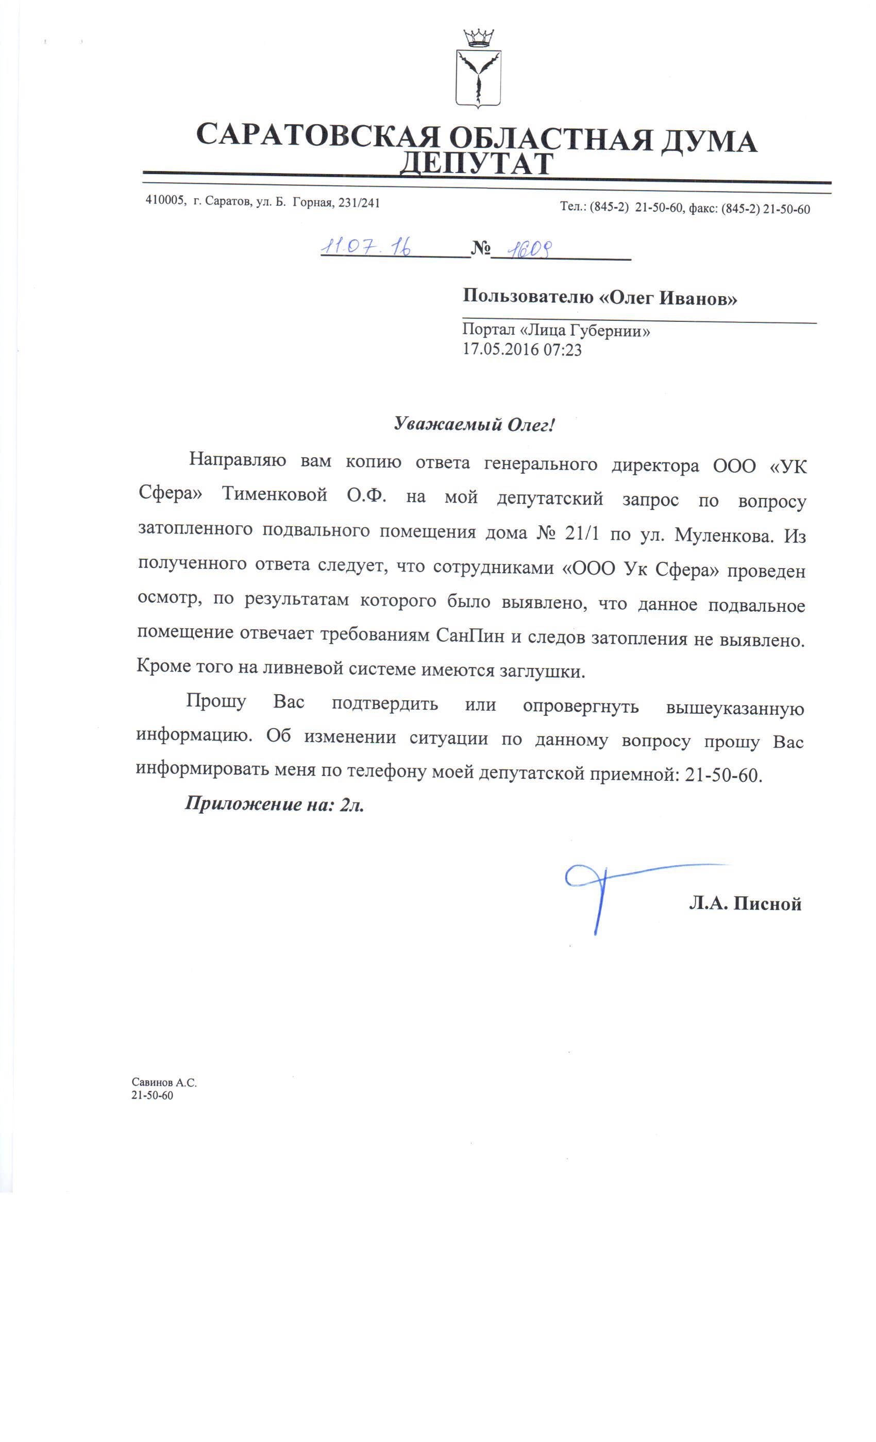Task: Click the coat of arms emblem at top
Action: pos(478,70)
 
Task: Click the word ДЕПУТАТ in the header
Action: pos(476,164)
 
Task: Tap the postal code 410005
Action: pos(165,201)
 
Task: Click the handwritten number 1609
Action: pos(529,250)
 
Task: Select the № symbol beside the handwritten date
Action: pos(480,249)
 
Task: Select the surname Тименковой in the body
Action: pos(274,494)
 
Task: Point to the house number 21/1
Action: pos(581,533)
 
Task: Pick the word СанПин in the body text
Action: pos(469,635)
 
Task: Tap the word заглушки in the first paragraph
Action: pos(542,671)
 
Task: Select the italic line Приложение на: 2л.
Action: pos(275,804)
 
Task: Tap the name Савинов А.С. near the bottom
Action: pos(164,1083)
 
